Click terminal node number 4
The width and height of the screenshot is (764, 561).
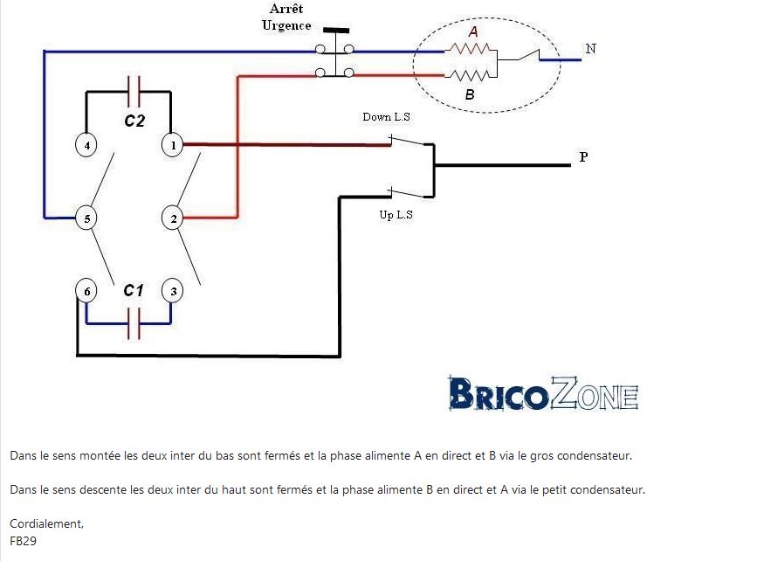86,145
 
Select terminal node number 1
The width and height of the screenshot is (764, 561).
173,145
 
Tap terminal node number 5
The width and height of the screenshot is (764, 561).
86,218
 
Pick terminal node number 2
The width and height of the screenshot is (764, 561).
174,218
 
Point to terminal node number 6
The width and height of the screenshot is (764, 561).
85,291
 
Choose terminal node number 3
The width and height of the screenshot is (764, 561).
173,291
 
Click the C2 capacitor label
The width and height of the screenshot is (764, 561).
134,121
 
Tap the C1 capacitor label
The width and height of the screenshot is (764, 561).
133,290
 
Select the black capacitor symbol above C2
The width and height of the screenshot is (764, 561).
134,88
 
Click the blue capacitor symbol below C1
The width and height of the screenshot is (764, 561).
134,324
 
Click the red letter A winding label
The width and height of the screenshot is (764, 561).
473,31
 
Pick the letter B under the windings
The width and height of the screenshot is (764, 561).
470,94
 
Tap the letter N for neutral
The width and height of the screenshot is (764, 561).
591,49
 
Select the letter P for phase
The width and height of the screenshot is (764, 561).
583,158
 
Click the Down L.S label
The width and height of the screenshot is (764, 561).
386,117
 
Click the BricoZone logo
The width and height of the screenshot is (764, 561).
543,396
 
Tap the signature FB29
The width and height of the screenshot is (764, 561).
23,540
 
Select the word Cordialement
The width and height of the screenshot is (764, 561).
47,523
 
